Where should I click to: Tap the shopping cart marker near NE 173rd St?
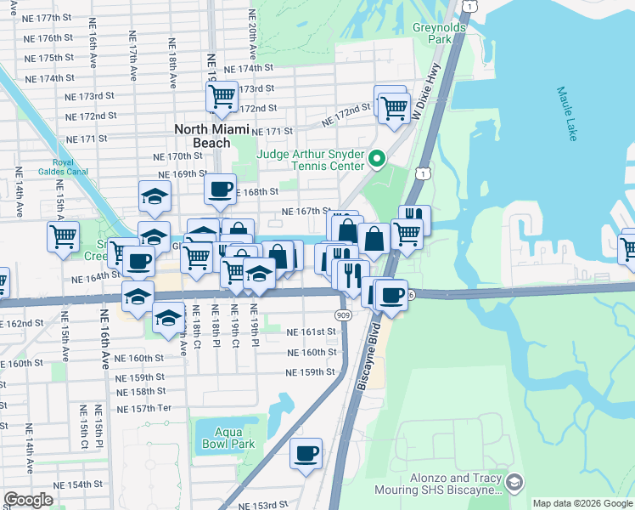pyautogui.click(x=222, y=95)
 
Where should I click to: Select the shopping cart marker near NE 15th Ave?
pyautogui.click(x=64, y=237)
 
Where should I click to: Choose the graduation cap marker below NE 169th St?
pyautogui.click(x=155, y=196)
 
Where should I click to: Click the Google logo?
pyautogui.click(x=28, y=500)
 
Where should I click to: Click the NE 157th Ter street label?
pyautogui.click(x=144, y=409)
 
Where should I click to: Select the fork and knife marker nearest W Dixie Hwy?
pyautogui.click(x=414, y=219)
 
